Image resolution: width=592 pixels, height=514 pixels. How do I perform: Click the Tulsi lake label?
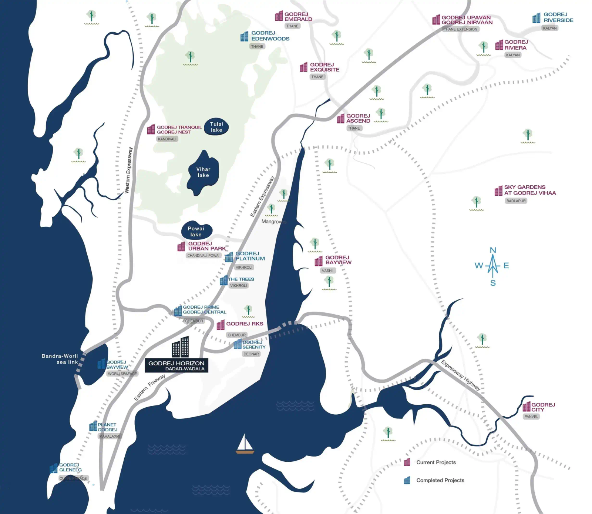[216, 127]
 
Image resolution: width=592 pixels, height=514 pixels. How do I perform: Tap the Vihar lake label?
[203, 172]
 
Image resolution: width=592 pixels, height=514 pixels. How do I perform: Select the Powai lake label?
[196, 231]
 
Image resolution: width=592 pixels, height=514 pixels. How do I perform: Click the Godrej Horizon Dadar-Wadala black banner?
[176, 365]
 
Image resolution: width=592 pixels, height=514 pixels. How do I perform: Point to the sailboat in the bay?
[245, 444]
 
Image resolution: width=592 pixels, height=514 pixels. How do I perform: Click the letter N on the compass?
[493, 250]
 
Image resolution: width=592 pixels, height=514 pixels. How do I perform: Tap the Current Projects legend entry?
[435, 462]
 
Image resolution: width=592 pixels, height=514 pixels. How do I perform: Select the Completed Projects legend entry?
[440, 480]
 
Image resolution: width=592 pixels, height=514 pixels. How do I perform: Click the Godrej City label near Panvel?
[543, 407]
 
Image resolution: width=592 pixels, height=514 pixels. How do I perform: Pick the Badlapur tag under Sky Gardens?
[516, 201]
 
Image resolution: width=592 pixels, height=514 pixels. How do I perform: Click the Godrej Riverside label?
[558, 17]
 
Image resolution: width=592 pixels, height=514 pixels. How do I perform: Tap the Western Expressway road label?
[128, 170]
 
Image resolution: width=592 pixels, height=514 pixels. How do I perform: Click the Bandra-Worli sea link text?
[60, 359]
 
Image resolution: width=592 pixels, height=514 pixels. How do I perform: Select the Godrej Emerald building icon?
[279, 16]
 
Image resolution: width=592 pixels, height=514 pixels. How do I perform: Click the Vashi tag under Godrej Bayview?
[327, 271]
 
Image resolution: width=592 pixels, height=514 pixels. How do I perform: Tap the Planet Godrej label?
[107, 427]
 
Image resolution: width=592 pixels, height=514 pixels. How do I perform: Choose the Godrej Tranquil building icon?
[151, 129]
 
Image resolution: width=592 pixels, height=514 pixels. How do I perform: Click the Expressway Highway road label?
[461, 375]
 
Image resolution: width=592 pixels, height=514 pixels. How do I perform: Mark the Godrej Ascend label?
[358, 118]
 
